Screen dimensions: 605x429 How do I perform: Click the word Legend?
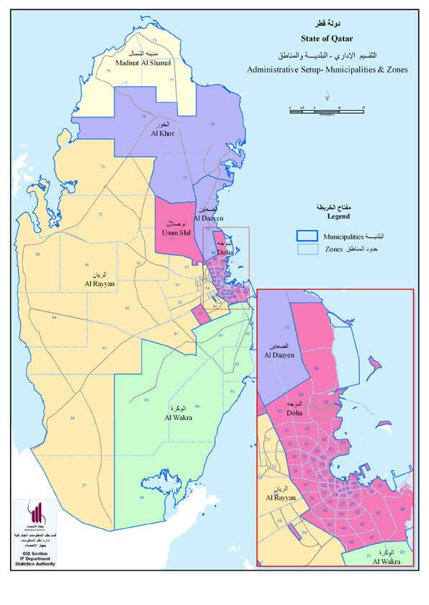pyautogui.click(x=337, y=215)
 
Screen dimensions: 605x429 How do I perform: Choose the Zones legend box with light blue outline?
pyautogui.click(x=307, y=248)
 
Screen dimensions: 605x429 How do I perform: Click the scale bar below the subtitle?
pyautogui.click(x=327, y=109)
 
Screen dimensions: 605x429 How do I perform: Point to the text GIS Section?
pyautogui.click(x=35, y=550)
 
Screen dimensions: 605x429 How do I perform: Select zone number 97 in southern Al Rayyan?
pyautogui.click(x=84, y=486)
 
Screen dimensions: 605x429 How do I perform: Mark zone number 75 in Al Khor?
pyautogui.click(x=212, y=124)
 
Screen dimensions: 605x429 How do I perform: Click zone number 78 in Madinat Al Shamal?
pyautogui.click(x=108, y=70)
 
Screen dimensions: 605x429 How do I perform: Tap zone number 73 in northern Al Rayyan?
pyautogui.click(x=102, y=167)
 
